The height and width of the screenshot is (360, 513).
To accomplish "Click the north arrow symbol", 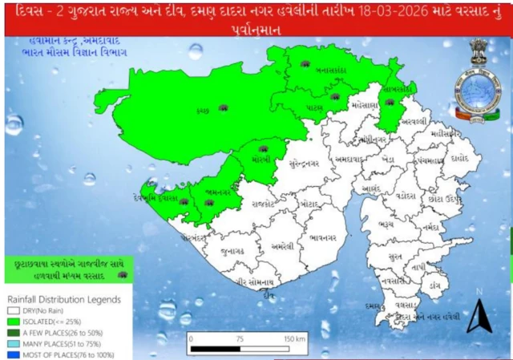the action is point(479,315).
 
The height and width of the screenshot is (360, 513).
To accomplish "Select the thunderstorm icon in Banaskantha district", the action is point(305,63).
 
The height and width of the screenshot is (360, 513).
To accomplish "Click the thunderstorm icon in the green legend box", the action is point(122,274).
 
